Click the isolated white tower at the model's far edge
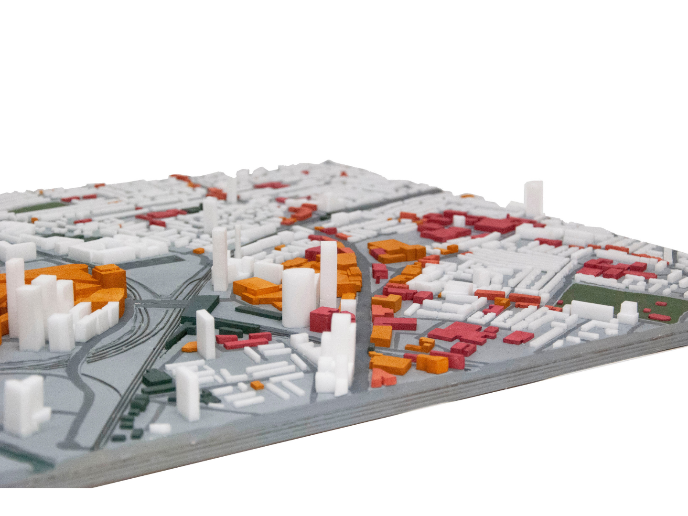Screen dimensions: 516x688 click(x=533, y=198)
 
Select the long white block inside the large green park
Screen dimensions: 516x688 click(x=591, y=310)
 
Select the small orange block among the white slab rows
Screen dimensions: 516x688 click(x=258, y=385)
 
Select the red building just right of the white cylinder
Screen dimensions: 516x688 click(x=323, y=319)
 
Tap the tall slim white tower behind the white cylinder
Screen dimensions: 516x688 click(x=329, y=272)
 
